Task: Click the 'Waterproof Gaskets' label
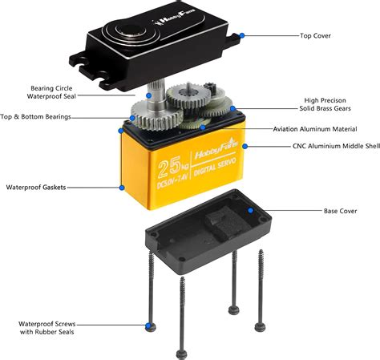click(36, 187)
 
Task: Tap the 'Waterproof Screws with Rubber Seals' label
click(49, 329)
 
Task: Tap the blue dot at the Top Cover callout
click(241, 35)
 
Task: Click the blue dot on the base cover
click(250, 210)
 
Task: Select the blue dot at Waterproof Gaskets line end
click(121, 187)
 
